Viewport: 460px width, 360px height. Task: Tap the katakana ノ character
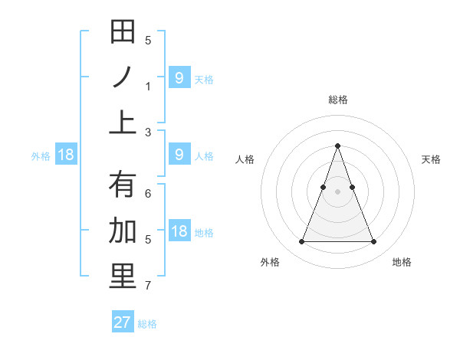(123, 77)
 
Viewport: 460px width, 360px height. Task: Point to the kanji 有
(123, 185)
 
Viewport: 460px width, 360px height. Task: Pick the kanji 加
(123, 231)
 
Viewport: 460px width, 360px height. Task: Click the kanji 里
(123, 276)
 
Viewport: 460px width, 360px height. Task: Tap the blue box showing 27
(123, 322)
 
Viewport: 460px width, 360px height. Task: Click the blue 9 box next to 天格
(179, 77)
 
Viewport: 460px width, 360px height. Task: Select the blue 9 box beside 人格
(179, 155)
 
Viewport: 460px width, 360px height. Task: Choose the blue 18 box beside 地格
(179, 231)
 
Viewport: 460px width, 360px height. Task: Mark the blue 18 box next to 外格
(66, 155)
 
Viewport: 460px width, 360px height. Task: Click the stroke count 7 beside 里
(148, 286)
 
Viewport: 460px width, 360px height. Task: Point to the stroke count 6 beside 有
(148, 195)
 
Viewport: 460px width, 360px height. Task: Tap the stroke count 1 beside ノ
(148, 87)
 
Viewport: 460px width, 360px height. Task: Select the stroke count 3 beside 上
(148, 132)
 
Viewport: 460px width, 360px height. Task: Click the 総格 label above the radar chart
(337, 100)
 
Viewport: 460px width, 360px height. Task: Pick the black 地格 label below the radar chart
(402, 262)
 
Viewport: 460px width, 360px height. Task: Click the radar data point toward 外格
(301, 242)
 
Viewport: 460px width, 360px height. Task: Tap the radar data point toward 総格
(337, 146)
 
